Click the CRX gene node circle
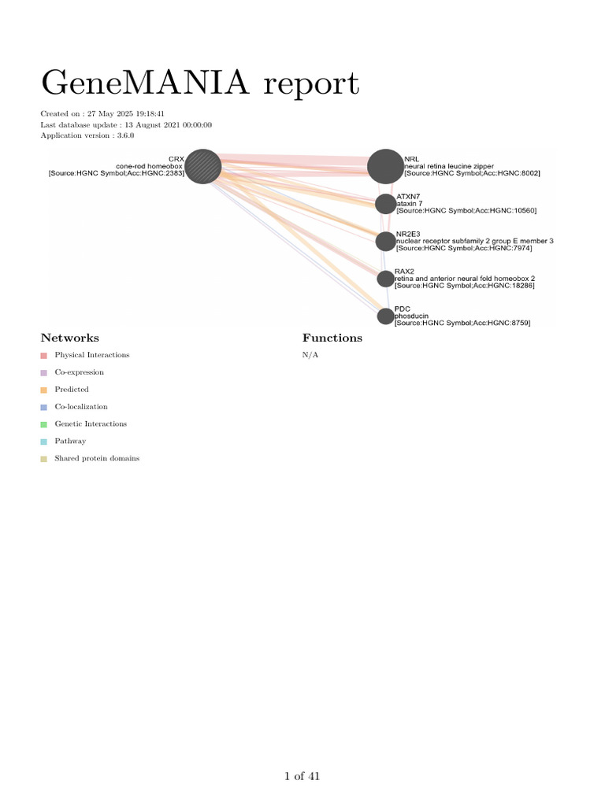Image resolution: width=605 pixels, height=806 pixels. point(202,166)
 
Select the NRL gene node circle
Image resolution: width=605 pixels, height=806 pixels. point(385,166)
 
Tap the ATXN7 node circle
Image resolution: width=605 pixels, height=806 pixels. point(385,204)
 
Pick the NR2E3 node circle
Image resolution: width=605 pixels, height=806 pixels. point(385,241)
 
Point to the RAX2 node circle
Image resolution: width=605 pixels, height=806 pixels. point(385,279)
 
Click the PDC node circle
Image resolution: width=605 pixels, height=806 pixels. point(385,316)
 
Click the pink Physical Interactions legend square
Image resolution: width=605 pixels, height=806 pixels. point(44,356)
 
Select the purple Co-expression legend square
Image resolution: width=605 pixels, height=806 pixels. point(44,373)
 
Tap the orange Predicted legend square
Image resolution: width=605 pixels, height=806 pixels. point(44,390)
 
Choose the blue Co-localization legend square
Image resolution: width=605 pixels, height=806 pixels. point(44,408)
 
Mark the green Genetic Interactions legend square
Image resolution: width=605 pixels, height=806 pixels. point(44,425)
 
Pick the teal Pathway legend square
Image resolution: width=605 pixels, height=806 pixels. point(44,442)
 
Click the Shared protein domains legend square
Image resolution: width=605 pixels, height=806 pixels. point(44,459)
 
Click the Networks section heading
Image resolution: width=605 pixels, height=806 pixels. point(70,338)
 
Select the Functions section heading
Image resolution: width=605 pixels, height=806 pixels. point(332,338)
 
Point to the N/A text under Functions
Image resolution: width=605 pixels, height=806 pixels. point(310,355)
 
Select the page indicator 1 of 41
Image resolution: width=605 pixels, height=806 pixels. point(302,777)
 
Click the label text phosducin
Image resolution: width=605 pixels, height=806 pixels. point(410,316)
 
